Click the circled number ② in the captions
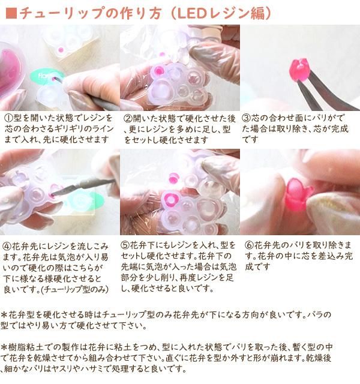128,118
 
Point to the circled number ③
246,118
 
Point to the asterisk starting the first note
5,314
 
